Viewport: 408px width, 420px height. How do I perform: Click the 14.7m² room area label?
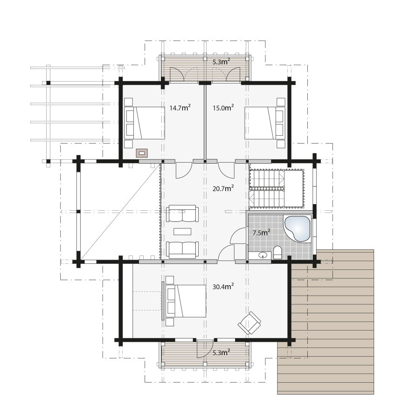180,108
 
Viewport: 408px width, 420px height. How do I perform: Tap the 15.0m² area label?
223,108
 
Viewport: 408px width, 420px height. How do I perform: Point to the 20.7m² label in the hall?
223,188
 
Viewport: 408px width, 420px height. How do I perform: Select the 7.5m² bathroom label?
261,232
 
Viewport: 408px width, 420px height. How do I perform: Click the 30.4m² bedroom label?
223,286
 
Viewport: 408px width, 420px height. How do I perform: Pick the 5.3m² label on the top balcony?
221,62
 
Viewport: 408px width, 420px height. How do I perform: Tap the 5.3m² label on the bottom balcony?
221,352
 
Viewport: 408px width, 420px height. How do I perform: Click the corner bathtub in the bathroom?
297,228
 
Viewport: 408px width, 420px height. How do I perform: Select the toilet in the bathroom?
277,253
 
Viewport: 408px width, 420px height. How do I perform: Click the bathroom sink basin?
263,255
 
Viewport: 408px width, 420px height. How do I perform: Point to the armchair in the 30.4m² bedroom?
249,323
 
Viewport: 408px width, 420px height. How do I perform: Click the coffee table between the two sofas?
182,231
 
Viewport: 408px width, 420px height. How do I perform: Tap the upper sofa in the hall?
182,213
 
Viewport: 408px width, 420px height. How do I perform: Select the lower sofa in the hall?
182,250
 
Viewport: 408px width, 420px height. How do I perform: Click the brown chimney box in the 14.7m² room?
142,153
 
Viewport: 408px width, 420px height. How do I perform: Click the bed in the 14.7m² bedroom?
145,123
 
